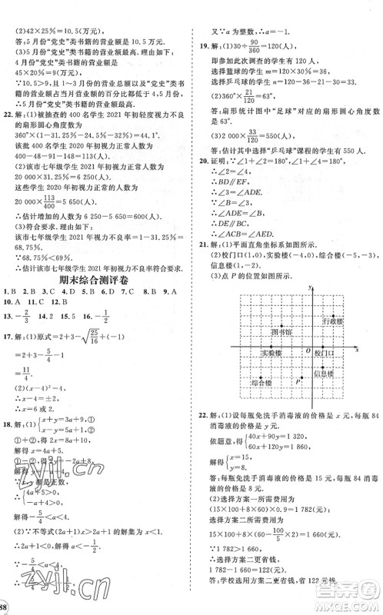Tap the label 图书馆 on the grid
(x=281, y=331)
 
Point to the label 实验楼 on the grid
(x=270, y=352)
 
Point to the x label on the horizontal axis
(x=357, y=350)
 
